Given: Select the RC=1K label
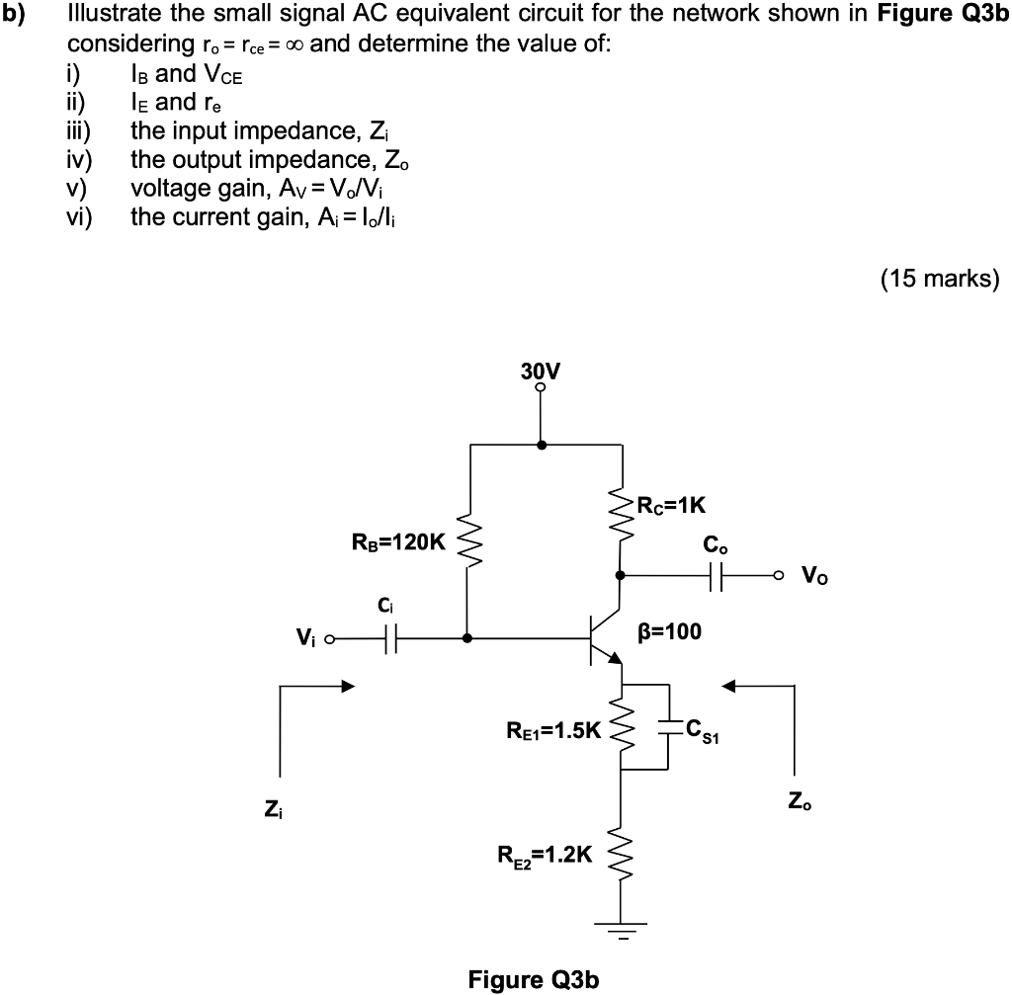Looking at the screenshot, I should (x=672, y=507).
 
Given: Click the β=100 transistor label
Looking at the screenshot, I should (x=668, y=630).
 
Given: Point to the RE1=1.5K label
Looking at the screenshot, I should (x=552, y=732).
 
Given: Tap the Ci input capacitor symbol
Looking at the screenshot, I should (x=392, y=639).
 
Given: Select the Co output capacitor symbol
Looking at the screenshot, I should (x=716, y=575).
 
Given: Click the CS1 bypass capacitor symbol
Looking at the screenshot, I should (x=670, y=729).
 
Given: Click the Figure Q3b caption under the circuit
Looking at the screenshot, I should (x=534, y=979).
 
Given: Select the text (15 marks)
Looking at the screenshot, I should (x=940, y=279).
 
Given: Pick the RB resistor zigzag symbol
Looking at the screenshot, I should (x=468, y=542).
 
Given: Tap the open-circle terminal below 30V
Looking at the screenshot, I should (x=540, y=388).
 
